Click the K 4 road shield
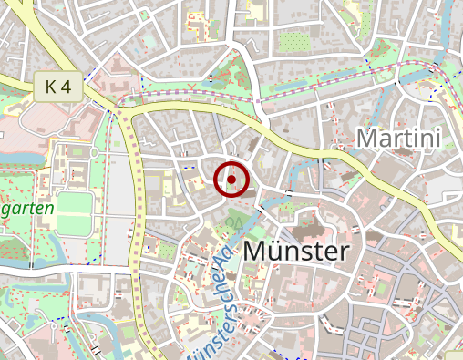pos(58,87)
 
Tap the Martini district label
pos(398,139)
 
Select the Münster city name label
pos(297,252)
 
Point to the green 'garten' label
pos(27,208)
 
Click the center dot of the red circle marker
pos(231,180)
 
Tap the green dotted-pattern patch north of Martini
pos(294,42)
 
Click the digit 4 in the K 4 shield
pos(66,87)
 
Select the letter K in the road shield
pos(50,87)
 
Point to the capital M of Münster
pos(258,252)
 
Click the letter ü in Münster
pos(280,252)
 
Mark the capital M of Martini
pos(366,139)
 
